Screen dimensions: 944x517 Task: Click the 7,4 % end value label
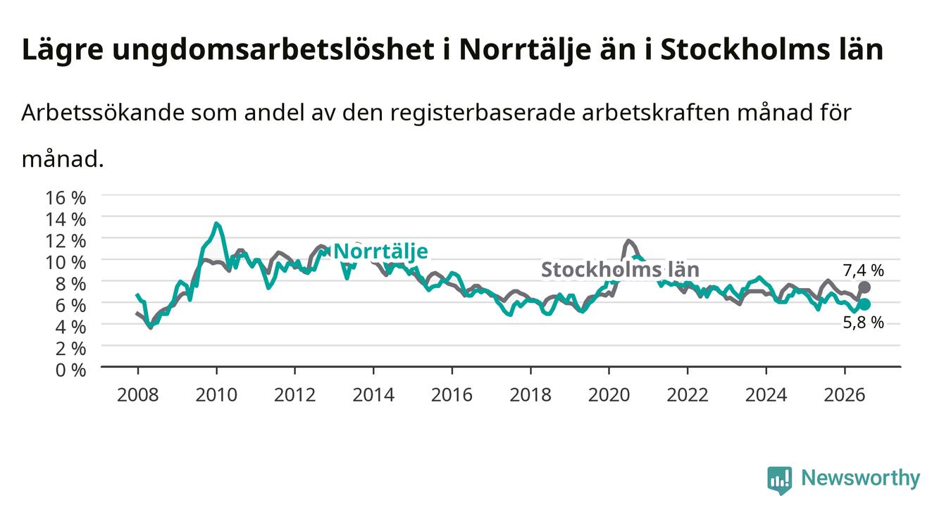coord(863,270)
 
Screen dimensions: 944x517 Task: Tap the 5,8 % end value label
coord(863,323)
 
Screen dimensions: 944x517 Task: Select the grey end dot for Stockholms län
coord(864,287)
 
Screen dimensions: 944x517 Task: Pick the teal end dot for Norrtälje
coord(864,304)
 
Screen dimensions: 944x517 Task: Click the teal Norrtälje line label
coord(380,251)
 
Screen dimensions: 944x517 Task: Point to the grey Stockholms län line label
coord(620,270)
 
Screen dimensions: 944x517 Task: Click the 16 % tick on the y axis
coord(66,198)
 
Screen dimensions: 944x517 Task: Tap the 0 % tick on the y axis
coord(70,370)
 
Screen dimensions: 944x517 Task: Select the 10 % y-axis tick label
coord(66,263)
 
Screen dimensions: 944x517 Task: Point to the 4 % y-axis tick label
coord(70,327)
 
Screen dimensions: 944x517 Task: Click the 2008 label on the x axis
coord(138,395)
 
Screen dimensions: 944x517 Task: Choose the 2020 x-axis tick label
coord(609,395)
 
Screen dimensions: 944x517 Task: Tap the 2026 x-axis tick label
coord(845,395)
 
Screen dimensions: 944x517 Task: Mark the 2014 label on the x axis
coord(373,395)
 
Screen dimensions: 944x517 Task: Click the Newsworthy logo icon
coord(780,480)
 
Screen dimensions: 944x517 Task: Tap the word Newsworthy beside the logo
coord(861,478)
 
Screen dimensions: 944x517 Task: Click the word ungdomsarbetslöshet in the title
coord(273,51)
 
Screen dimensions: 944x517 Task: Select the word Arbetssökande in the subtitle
coord(103,113)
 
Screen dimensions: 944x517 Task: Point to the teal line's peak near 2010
coord(216,223)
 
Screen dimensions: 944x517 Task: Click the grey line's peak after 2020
coord(628,241)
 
